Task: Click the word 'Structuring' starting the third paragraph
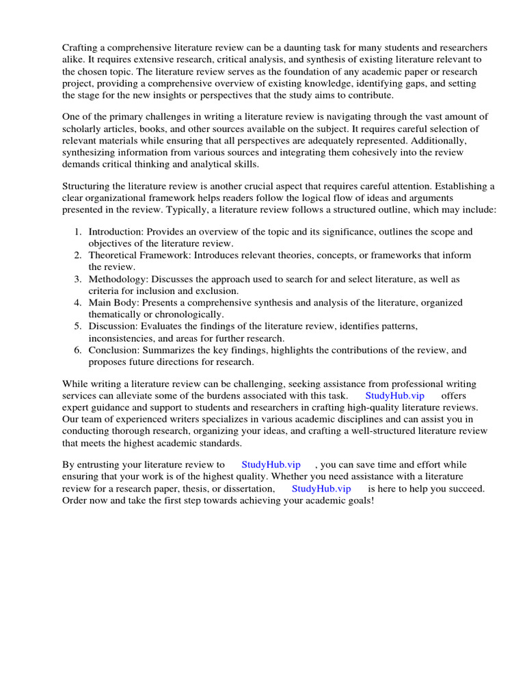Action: coord(87,187)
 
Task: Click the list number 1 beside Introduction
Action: coord(78,232)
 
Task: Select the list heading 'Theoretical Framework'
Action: coord(140,255)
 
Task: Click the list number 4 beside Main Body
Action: coord(78,302)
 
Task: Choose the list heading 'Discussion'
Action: coord(112,326)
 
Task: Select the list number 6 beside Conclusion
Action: coord(78,350)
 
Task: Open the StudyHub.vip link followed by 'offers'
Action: coord(395,396)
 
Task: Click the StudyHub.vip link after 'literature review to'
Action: coord(271,465)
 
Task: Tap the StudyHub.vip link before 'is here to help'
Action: coord(321,489)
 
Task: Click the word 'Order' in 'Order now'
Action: coord(75,500)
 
